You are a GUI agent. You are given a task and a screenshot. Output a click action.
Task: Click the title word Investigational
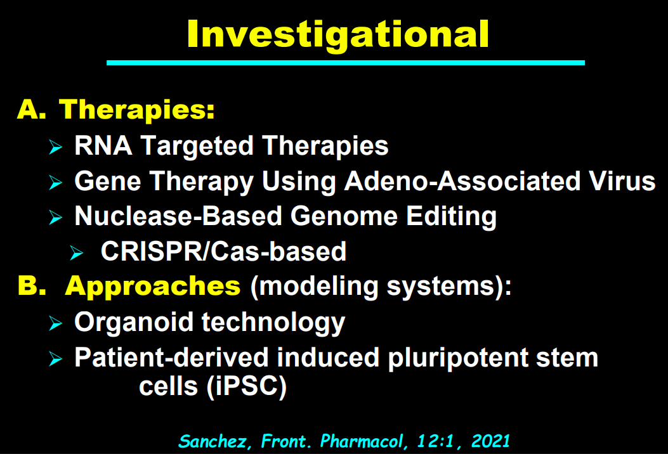[338, 34]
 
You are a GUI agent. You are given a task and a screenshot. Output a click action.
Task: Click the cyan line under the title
[346, 63]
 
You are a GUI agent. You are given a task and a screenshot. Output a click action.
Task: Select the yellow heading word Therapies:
[137, 110]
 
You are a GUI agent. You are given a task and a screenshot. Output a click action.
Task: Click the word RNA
[103, 146]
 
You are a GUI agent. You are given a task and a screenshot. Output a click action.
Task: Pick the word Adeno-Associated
[462, 181]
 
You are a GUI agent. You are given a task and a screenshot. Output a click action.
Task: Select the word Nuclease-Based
[178, 216]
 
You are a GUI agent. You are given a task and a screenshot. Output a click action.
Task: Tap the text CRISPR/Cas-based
[223, 251]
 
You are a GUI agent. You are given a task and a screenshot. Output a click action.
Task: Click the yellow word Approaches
[152, 286]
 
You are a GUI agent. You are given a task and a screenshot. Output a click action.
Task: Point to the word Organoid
[134, 321]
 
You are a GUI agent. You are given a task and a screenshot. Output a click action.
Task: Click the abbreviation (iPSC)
[247, 387]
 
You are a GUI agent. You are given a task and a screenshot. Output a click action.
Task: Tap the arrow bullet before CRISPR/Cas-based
[77, 252]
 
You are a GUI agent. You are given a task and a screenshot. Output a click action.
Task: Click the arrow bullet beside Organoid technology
[55, 323]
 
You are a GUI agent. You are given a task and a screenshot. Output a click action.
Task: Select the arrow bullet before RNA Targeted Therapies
[55, 147]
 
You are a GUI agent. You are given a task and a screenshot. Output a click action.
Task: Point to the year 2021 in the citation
[490, 441]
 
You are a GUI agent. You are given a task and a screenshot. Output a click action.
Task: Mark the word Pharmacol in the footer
[362, 441]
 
